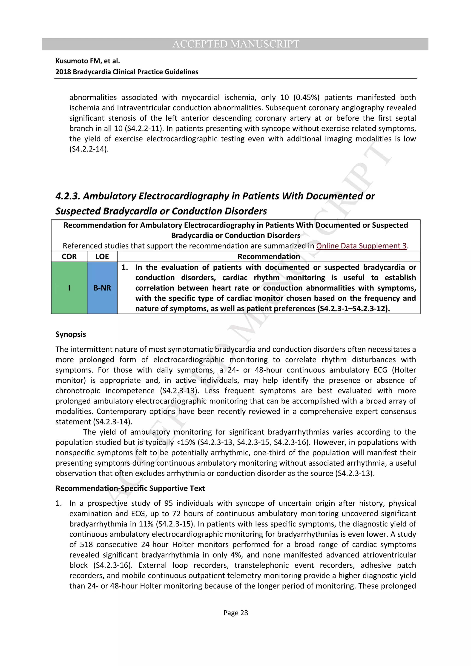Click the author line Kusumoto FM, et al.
88,61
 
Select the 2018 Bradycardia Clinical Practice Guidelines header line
127,72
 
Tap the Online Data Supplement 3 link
361,246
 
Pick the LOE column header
102,257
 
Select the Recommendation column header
269,257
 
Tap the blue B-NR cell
102,288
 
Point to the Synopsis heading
71,334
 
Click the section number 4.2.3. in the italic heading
68,196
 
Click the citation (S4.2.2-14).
89,149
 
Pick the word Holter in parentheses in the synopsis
404,370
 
